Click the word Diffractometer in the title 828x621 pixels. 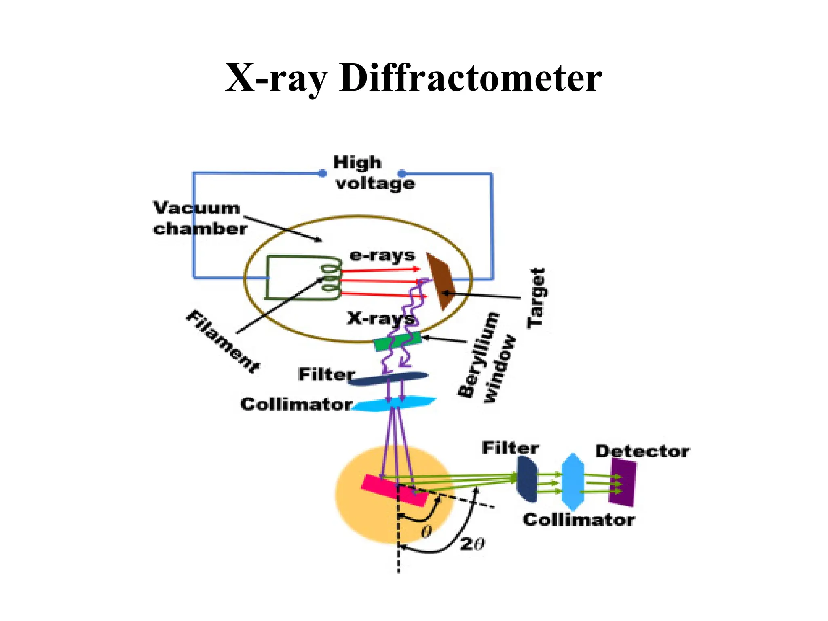coord(471,78)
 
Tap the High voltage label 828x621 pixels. coord(374,173)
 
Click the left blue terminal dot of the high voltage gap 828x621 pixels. coord(322,173)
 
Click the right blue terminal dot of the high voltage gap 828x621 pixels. coord(402,174)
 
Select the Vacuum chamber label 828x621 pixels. coord(199,218)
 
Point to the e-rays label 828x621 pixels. coord(382,256)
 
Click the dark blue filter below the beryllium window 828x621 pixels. coord(388,378)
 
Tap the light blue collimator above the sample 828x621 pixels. coord(394,403)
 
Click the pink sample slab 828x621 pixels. coord(394,490)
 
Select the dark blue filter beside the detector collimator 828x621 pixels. coord(527,479)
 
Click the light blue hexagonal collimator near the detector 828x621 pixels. coord(572,482)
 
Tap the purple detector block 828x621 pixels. coord(623,482)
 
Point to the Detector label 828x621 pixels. coord(642,451)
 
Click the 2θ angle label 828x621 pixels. coord(472,544)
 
